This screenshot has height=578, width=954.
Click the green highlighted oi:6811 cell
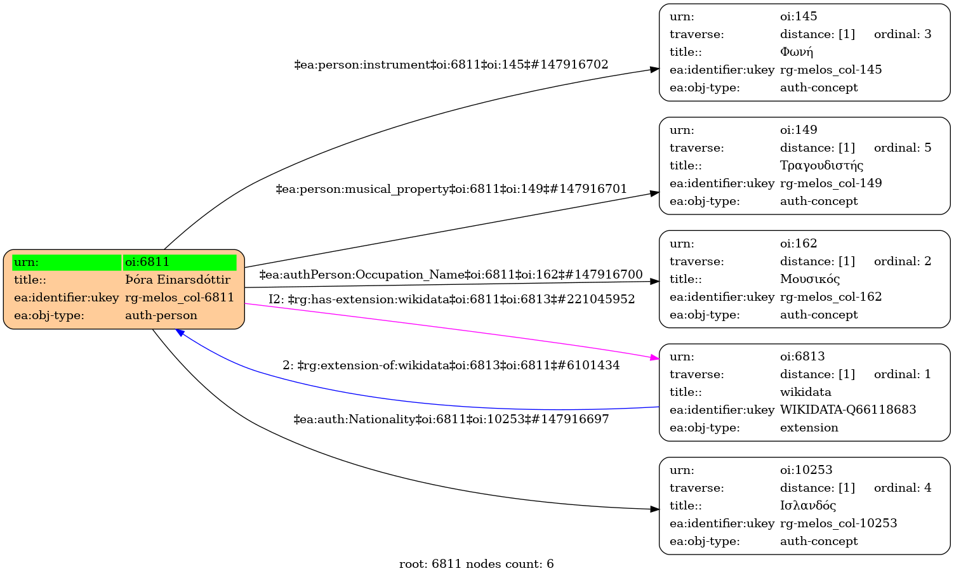pyautogui.click(x=180, y=262)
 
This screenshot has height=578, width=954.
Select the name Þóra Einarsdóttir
pyautogui.click(x=178, y=280)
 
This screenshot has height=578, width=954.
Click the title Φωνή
pyautogui.click(x=797, y=52)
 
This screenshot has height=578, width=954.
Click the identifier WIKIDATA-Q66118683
pyautogui.click(x=848, y=410)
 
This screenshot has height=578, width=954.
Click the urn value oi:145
pyautogui.click(x=798, y=16)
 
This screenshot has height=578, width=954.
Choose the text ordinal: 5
pyautogui.click(x=903, y=148)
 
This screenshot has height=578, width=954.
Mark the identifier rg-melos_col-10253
pyautogui.click(x=838, y=523)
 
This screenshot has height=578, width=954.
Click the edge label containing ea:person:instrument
pyautogui.click(x=451, y=65)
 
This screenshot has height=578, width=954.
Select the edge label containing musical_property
pyautogui.click(x=451, y=189)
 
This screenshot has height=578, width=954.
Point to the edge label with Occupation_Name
pyautogui.click(x=451, y=275)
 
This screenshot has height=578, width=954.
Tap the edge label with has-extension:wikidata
pyautogui.click(x=451, y=299)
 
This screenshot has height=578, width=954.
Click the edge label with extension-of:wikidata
pyautogui.click(x=451, y=365)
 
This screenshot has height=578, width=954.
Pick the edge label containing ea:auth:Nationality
pyautogui.click(x=451, y=419)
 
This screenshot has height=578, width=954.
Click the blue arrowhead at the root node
pyautogui.click(x=180, y=332)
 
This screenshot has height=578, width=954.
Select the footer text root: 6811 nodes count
pyautogui.click(x=476, y=564)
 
